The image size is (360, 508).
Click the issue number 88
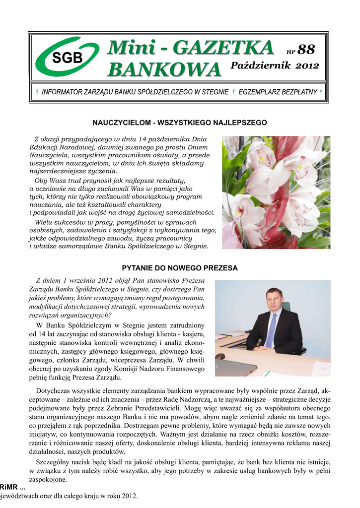(x=306, y=49)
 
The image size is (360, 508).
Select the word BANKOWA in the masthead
(x=164, y=69)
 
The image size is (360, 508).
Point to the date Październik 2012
(x=274, y=66)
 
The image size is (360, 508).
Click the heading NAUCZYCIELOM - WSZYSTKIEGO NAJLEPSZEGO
(x=180, y=122)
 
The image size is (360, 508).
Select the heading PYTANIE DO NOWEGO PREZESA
(x=180, y=268)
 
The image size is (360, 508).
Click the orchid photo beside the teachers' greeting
(x=276, y=192)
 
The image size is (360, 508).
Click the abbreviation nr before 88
(x=291, y=51)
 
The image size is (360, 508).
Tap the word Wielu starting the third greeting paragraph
(x=44, y=222)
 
